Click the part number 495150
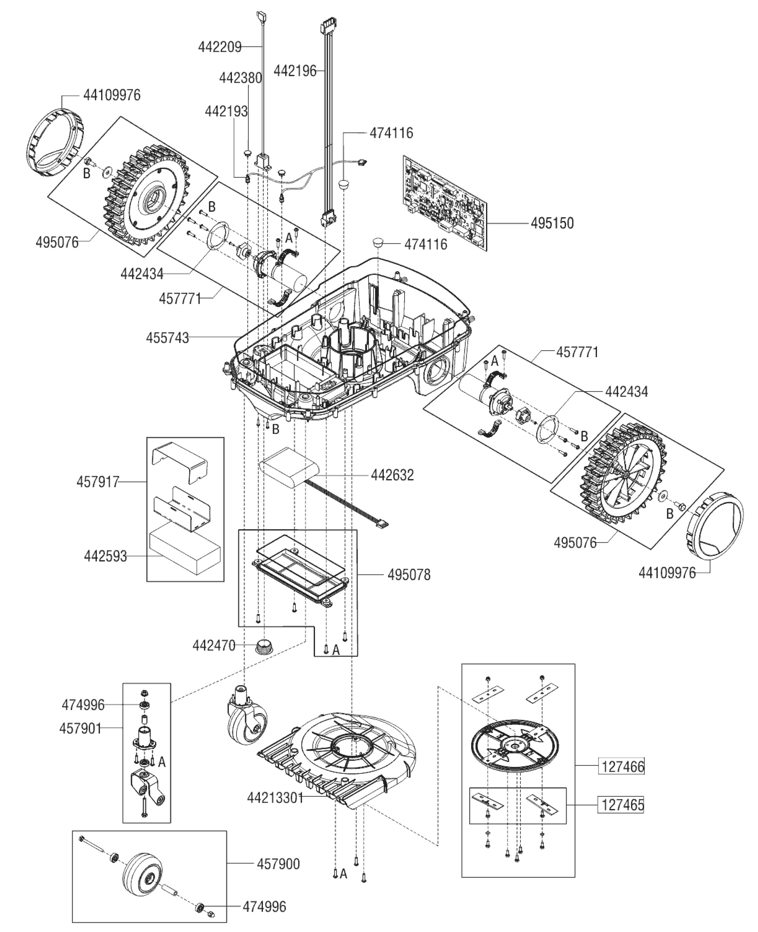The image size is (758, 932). pos(552,223)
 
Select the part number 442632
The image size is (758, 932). pos(392,475)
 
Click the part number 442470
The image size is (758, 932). pos(214,645)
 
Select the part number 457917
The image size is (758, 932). pos(98,482)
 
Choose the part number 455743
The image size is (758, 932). pos(168,338)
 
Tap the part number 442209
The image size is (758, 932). pos(220,47)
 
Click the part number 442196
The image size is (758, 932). pos(295,71)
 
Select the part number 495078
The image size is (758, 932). pos(409,575)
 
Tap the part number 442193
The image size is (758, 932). pos(226,111)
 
